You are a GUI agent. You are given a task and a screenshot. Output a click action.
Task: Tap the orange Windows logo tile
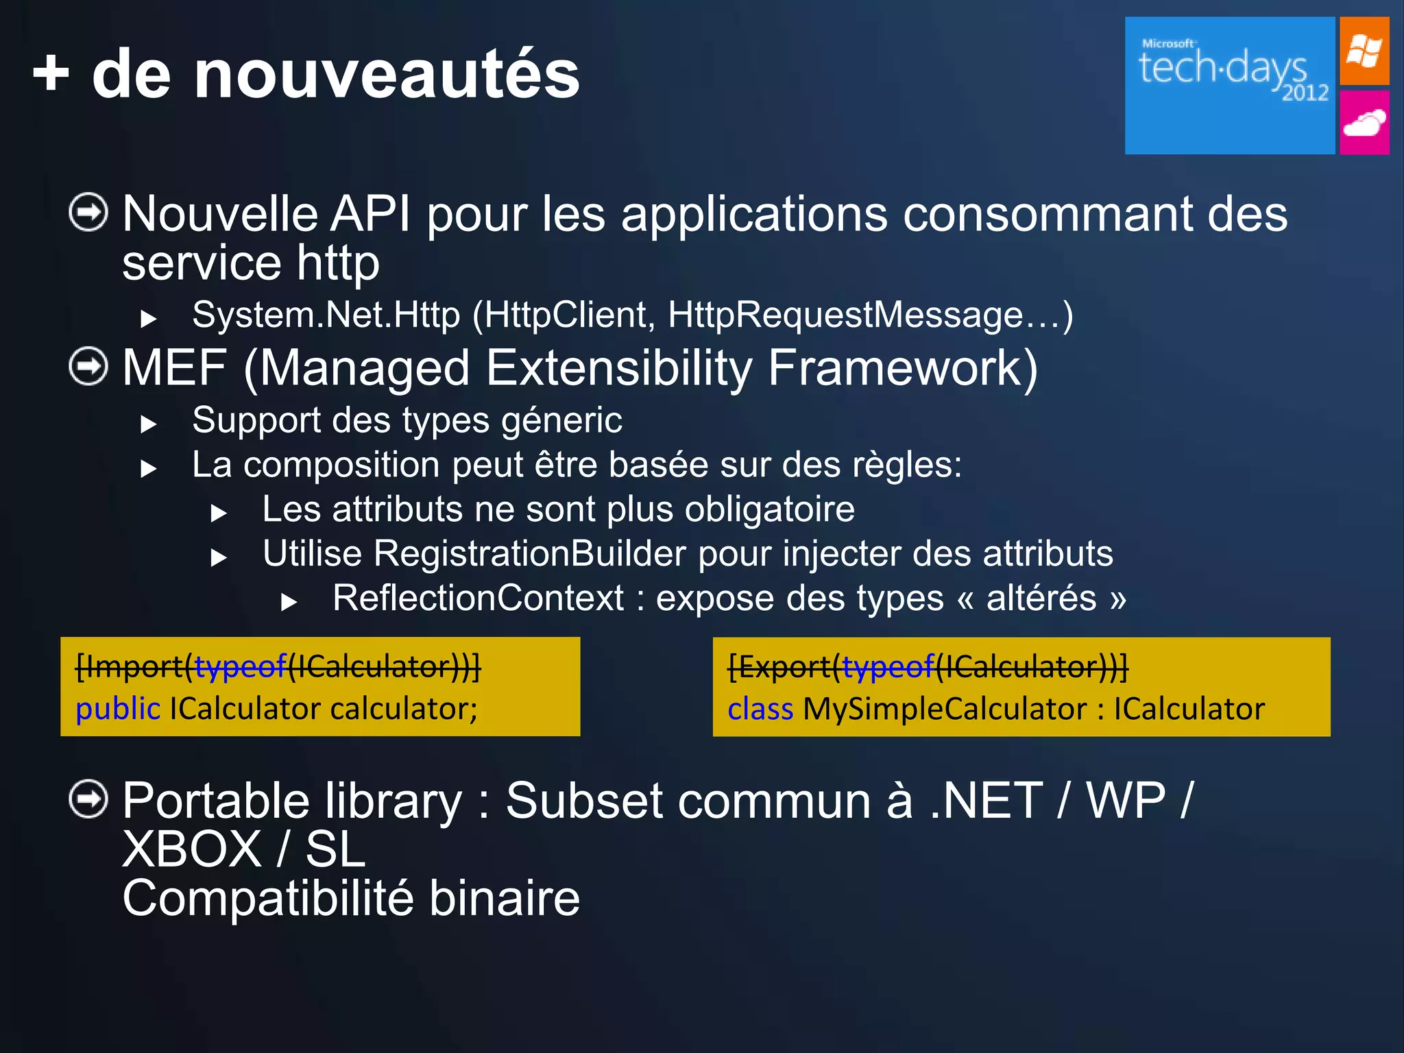(x=1364, y=51)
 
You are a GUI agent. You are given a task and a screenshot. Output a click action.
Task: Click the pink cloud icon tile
(x=1364, y=123)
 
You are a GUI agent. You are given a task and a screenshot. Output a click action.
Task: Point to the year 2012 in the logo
(x=1305, y=93)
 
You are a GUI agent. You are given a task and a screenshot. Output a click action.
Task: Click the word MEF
(x=174, y=368)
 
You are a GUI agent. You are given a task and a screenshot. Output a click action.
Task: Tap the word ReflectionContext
(x=479, y=598)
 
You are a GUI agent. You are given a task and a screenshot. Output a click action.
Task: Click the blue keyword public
(x=118, y=709)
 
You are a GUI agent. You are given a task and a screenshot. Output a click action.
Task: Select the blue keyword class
(x=760, y=709)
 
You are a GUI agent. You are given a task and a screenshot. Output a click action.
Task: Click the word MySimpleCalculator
(x=945, y=709)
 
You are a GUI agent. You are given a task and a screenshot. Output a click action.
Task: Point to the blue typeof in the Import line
(x=240, y=666)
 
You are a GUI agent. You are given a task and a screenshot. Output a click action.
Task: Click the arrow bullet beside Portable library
(x=88, y=799)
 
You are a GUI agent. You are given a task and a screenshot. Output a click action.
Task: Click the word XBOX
(x=192, y=849)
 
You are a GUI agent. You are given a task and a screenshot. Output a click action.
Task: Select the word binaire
(x=504, y=898)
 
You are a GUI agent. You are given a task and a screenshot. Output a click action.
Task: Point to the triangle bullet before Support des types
(x=148, y=424)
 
